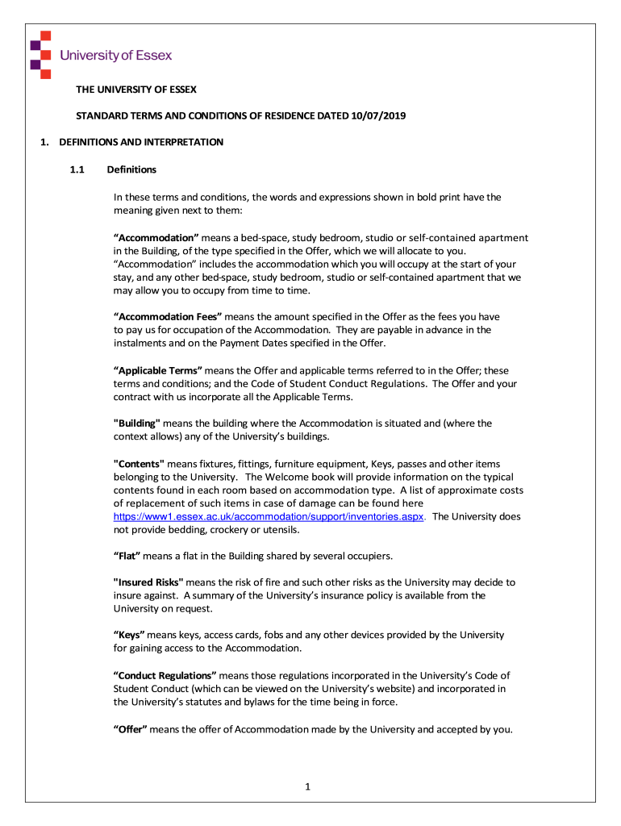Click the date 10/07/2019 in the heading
click(x=378, y=115)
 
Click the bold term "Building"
click(x=137, y=423)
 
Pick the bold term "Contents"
click(x=139, y=464)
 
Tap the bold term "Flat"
click(x=127, y=555)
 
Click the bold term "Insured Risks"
click(x=148, y=582)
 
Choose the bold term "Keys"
click(x=129, y=635)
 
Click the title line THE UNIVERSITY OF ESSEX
click(x=136, y=89)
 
